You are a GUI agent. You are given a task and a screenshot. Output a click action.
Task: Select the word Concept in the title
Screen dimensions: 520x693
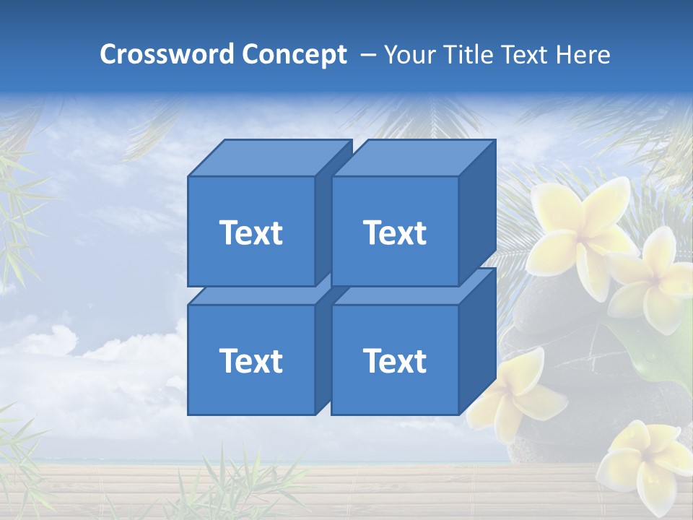click(294, 54)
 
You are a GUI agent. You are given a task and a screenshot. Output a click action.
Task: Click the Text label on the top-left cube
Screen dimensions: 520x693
click(250, 233)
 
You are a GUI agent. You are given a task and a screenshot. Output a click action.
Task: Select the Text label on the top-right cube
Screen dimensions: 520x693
click(395, 233)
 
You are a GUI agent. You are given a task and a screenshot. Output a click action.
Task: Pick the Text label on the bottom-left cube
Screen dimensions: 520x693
click(250, 360)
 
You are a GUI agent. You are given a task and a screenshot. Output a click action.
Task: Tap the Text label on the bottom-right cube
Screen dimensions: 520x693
click(395, 360)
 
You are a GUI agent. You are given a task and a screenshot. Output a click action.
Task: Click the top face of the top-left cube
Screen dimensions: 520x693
click(269, 157)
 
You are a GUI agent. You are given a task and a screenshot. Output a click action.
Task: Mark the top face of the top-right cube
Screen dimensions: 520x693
click(413, 157)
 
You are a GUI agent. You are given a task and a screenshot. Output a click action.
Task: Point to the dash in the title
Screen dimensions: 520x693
click(367, 54)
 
